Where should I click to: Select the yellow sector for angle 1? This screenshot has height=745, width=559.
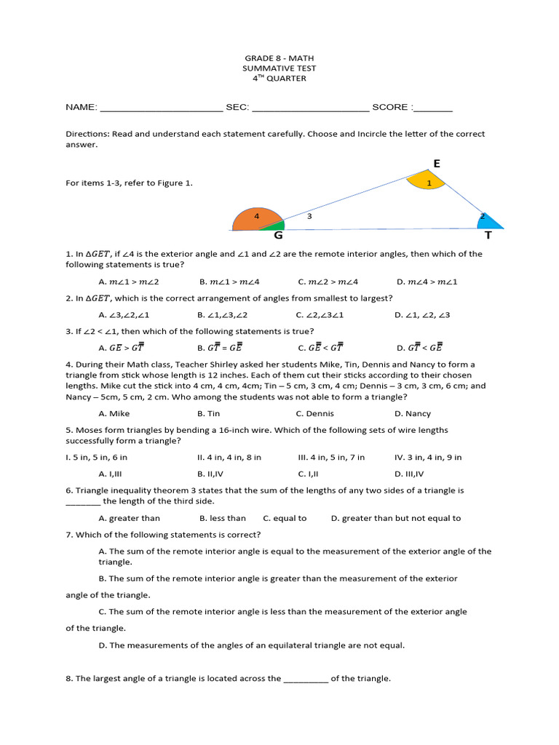pos(429,180)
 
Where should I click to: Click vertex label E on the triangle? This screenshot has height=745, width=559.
pos(437,164)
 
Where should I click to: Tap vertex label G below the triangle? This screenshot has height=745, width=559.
pos(278,236)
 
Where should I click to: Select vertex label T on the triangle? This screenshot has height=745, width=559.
pos(488,236)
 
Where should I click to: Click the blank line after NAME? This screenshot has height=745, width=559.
pos(161,108)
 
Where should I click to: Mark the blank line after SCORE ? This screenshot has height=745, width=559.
pos(433,108)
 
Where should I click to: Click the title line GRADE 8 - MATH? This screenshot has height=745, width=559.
pos(279,58)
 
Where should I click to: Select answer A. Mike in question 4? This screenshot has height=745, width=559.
pos(114,413)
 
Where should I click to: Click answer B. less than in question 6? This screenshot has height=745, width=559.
pos(223,518)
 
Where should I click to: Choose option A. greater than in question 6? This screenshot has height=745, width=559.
pos(130,518)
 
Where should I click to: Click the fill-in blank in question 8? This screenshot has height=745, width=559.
pos(306,679)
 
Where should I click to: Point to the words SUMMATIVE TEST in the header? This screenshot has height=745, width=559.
pos(279,68)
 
